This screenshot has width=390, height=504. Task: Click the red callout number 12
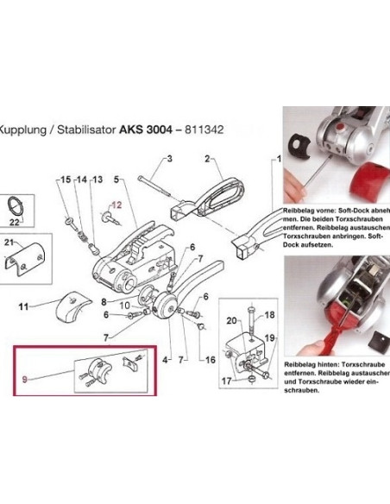click(118, 206)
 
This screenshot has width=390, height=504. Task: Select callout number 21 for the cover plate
click(10, 243)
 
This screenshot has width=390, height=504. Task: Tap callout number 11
click(24, 306)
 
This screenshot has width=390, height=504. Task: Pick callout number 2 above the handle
click(207, 159)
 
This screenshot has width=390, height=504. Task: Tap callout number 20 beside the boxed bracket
click(229, 321)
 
